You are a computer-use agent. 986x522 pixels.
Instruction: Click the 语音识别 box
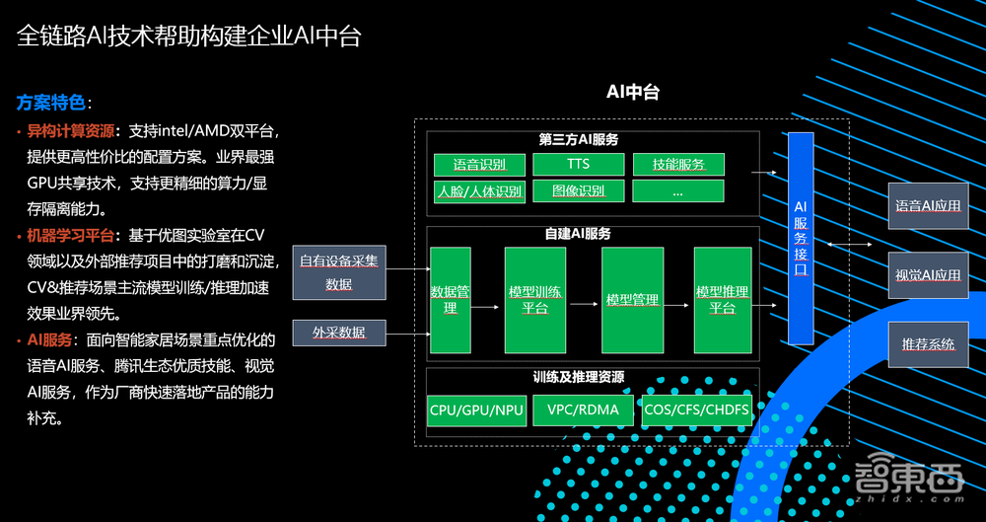[480, 164]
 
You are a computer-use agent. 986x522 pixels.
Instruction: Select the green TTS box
[578, 164]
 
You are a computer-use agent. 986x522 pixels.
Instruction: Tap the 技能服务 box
[677, 164]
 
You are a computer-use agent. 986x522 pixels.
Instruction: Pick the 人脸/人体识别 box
[480, 190]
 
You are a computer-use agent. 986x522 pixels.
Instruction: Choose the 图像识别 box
[578, 190]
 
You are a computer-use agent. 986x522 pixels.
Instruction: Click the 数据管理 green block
[450, 300]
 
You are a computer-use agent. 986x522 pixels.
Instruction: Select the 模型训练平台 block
[534, 300]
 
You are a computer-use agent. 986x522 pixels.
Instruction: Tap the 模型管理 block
[632, 300]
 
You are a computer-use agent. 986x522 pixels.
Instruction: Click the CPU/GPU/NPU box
[477, 410]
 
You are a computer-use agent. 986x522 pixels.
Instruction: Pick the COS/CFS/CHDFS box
[695, 410]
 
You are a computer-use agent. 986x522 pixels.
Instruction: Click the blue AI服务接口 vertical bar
[800, 238]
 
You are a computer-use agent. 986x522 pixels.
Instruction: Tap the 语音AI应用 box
[928, 206]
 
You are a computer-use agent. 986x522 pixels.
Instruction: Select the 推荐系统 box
[928, 343]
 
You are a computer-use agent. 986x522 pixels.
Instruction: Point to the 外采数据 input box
[338, 334]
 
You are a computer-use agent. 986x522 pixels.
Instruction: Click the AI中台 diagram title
[632, 93]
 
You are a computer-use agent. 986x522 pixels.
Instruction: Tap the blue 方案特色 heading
[51, 103]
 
